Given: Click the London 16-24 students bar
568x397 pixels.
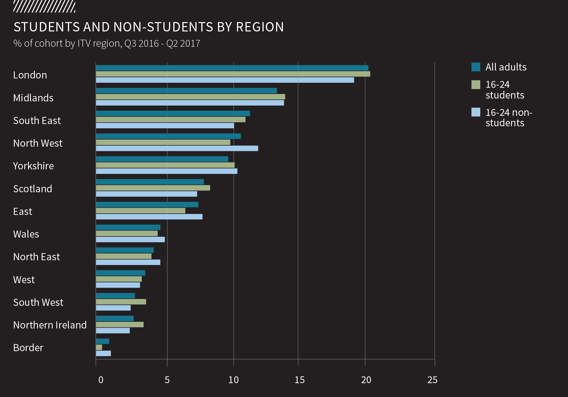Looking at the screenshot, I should pos(233,74).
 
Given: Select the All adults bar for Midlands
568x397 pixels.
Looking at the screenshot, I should pos(186,91).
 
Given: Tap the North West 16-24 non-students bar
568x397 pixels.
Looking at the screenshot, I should pos(177,148).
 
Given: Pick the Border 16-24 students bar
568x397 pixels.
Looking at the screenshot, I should pos(99,347).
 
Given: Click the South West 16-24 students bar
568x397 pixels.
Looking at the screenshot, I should pos(121,302).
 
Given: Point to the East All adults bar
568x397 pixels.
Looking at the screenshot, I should pos(147,204).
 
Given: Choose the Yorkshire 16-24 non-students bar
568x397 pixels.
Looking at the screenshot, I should pos(166,171).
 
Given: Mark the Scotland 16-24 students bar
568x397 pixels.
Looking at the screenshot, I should pos(153,188).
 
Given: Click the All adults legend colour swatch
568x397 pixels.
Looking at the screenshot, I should pos(476,67).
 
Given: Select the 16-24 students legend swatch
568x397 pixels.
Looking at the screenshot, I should pos(476,85).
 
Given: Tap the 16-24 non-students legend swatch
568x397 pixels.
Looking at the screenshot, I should pos(476,112).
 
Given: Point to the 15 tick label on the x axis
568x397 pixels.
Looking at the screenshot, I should pos(300,380).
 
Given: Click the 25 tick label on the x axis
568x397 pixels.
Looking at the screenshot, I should pos(432,380).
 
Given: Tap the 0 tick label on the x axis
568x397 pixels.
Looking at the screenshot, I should pos(101,380).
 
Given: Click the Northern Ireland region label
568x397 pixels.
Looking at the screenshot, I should pos(50,325).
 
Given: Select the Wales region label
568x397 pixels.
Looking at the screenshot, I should pos(26,234).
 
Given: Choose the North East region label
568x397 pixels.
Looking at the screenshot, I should pos(37,257).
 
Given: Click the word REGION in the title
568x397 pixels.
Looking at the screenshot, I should pos(260,27).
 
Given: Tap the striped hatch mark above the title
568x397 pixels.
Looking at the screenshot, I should pos(44,7).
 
